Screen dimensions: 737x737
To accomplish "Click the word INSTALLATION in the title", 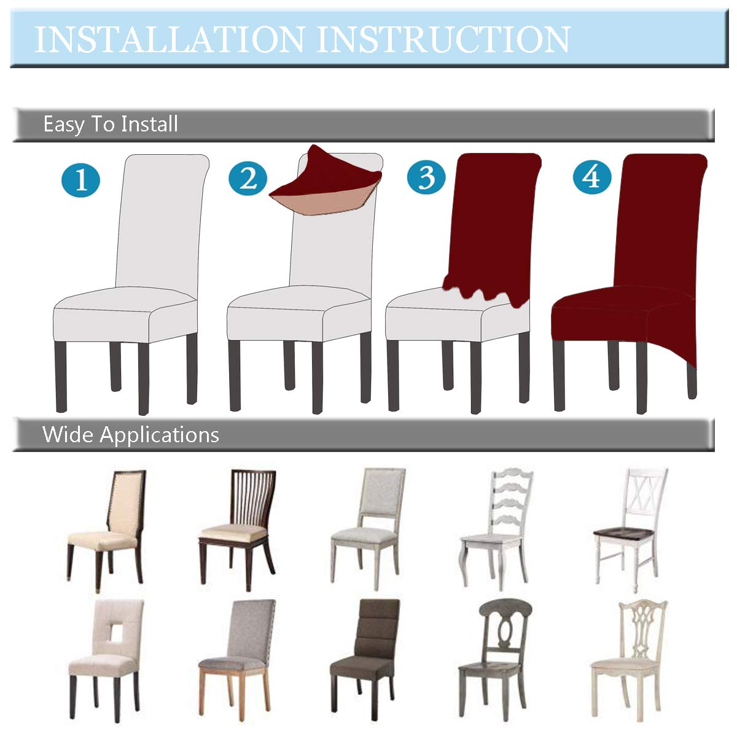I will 169,39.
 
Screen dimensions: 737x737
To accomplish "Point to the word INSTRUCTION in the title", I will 443,39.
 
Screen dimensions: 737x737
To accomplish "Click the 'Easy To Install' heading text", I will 111,125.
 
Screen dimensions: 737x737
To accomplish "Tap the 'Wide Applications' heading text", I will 130,435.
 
